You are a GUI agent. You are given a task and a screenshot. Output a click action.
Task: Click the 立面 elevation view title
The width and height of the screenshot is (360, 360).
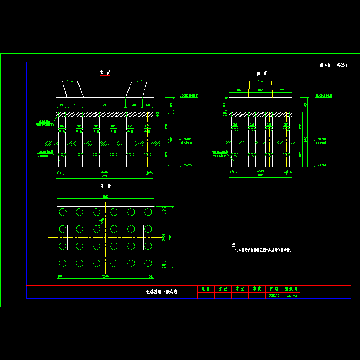pyautogui.click(x=105, y=72)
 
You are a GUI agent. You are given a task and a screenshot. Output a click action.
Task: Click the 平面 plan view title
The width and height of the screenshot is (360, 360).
pyautogui.click(x=105, y=186)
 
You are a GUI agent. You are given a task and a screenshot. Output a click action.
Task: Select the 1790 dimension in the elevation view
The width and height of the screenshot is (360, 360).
pyautogui.click(x=104, y=105)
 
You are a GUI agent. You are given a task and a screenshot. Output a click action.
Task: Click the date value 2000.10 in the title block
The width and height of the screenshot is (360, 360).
pyautogui.click(x=274, y=295)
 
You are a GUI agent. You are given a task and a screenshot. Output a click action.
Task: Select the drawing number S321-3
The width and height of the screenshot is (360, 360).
pyautogui.click(x=291, y=295)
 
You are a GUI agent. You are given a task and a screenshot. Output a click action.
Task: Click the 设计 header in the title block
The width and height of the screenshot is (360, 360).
pyautogui.click(x=206, y=289)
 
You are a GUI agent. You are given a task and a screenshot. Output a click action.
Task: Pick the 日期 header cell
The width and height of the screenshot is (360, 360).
pyautogui.click(x=274, y=289)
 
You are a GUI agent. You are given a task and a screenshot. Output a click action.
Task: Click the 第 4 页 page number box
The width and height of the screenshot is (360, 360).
pyautogui.click(x=325, y=65)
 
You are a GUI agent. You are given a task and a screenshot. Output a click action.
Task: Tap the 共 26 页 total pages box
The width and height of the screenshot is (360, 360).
pyautogui.click(x=342, y=65)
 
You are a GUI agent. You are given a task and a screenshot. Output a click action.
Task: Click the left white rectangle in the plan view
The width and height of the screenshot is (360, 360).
pyautogui.click(x=76, y=237)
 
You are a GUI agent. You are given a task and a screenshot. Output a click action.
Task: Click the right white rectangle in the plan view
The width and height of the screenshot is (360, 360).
pyautogui.click(x=135, y=237)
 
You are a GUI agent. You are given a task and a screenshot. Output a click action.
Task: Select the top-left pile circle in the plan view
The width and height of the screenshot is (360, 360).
pyautogui.click(x=63, y=211)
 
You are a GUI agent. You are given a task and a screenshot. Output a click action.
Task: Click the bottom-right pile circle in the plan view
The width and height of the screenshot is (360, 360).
pyautogui.click(x=148, y=262)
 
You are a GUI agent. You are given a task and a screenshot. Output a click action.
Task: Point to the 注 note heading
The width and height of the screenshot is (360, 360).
pyautogui.click(x=234, y=244)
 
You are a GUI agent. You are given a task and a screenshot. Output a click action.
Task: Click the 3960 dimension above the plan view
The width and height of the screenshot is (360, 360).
pyautogui.click(x=105, y=197)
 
